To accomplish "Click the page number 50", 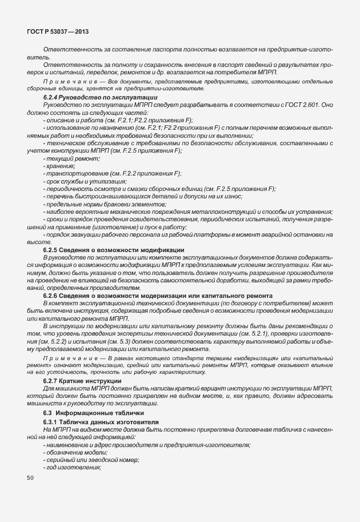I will pyautogui.click(x=30, y=477).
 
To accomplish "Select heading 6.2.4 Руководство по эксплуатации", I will pyautogui.click(x=92, y=98).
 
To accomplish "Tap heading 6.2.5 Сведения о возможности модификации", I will pyautogui.click(x=114, y=249).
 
